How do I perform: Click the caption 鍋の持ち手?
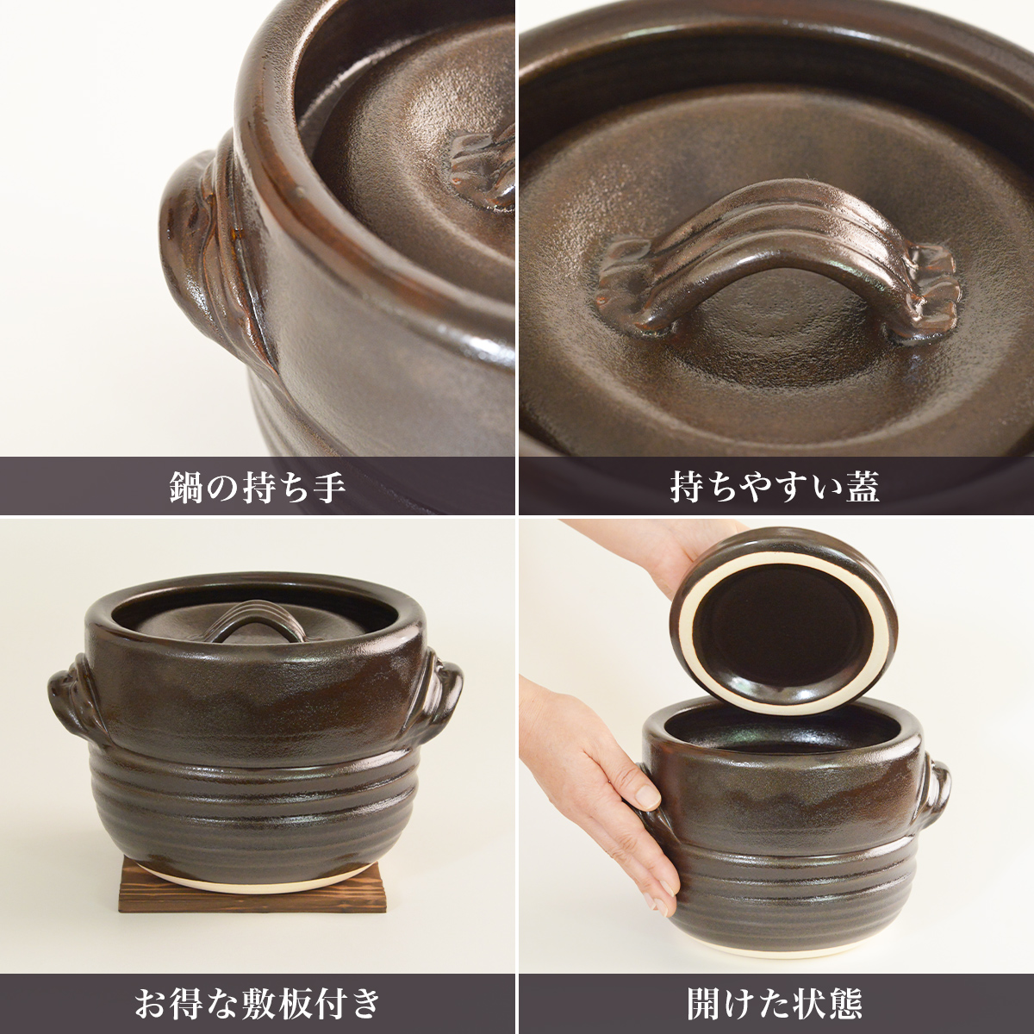coord(258,487)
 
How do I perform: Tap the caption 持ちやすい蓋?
coord(775,487)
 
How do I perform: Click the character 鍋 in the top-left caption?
coord(187,487)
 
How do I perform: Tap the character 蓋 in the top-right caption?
coord(863,487)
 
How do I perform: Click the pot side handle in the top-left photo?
coord(215,258)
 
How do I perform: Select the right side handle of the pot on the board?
coord(443,702)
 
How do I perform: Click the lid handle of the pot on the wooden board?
coord(254,620)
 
